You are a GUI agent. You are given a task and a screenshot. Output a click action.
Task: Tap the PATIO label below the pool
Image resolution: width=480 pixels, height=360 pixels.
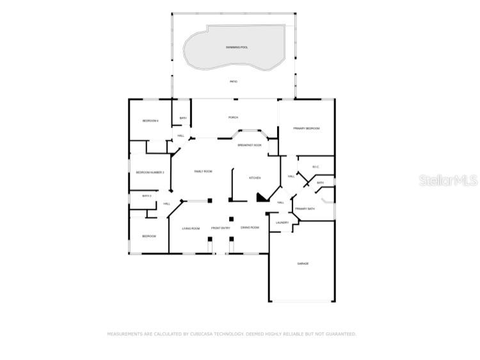pos(234,81)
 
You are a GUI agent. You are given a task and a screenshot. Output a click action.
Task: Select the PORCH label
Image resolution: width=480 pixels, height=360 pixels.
pos(234,117)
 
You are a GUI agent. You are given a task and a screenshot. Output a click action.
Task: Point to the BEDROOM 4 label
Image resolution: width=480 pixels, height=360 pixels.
pos(150,121)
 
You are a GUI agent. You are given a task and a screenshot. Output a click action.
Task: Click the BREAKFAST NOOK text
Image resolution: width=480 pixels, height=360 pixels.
pos(250,145)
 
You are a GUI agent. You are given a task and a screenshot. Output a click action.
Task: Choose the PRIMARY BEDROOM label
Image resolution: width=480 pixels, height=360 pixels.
pos(306,129)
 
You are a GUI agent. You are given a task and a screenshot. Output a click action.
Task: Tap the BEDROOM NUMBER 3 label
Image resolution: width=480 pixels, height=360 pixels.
pos(150,172)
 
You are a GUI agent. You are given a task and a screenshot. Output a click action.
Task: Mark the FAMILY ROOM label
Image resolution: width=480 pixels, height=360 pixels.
pos(203,171)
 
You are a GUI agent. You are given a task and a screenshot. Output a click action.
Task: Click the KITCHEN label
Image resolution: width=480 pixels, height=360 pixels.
pos(254,177)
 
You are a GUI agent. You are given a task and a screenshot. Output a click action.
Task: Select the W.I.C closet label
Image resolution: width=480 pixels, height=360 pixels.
pos(316,167)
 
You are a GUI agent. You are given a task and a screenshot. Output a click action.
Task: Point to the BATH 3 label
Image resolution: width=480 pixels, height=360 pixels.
pos(147,195)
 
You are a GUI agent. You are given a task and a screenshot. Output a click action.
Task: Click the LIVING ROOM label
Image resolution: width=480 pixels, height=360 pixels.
pos(191,228)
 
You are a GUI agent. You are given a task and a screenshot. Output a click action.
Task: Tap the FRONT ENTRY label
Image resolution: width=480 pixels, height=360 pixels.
pos(221,228)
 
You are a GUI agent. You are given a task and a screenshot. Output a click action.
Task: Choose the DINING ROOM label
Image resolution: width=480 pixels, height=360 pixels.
pos(250,227)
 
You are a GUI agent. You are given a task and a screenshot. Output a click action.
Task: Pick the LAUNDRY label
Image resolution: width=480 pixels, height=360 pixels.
pos(282,222)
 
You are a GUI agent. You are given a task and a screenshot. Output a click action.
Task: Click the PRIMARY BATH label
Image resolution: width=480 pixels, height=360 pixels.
pos(305,209)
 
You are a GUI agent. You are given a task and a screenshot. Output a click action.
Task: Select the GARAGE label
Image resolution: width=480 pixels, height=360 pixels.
pos(303,264)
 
